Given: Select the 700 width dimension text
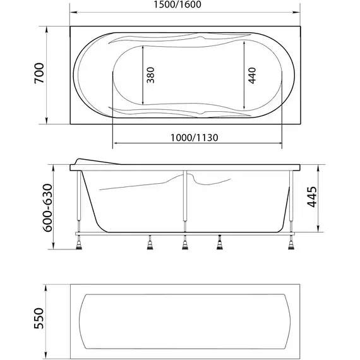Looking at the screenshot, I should [39, 75].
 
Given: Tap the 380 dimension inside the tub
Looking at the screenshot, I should [150, 76].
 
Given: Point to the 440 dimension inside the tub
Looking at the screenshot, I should [251, 76].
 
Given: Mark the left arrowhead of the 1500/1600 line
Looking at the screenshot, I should [71, 12].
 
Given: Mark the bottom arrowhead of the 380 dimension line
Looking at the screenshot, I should [143, 103].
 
